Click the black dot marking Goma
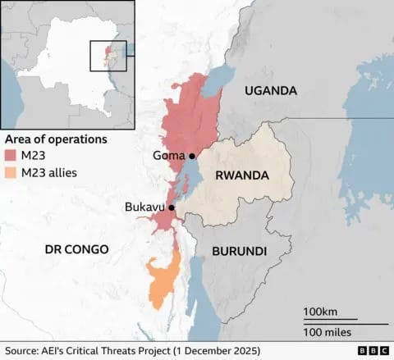click(192, 156)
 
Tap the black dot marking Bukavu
click(172, 208)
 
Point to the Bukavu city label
click(144, 208)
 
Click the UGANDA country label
click(270, 91)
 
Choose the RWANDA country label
click(243, 175)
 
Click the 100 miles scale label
click(327, 331)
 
